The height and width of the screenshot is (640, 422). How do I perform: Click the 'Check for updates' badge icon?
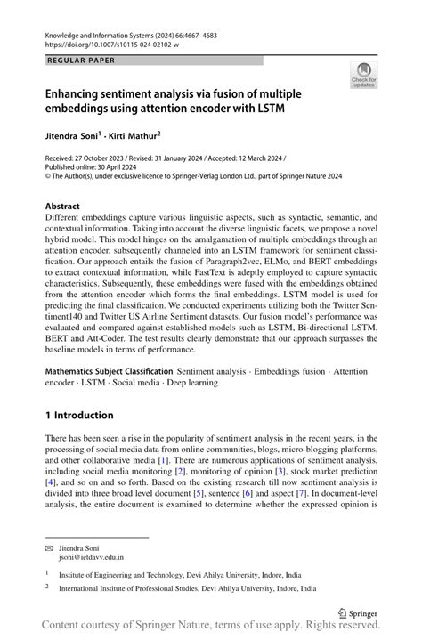362,76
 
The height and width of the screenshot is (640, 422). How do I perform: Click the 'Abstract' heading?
67,206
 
